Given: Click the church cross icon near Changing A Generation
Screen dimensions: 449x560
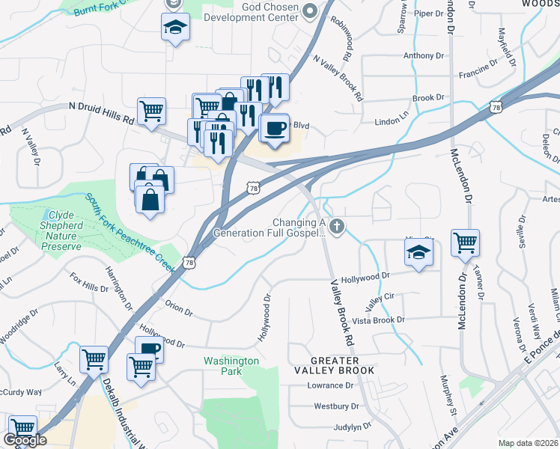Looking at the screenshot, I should pos(337,225).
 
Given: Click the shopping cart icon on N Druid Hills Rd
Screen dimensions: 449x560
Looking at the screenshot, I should pos(151,111).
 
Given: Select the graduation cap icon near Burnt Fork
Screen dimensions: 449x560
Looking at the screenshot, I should pos(175,28).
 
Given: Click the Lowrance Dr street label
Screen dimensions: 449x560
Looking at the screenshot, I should pos(329,385).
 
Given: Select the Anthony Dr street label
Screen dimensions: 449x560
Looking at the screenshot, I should pos(423,55).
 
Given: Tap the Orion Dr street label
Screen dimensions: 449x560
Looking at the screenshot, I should pos(179,307).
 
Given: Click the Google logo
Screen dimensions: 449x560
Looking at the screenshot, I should pos(25,440).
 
